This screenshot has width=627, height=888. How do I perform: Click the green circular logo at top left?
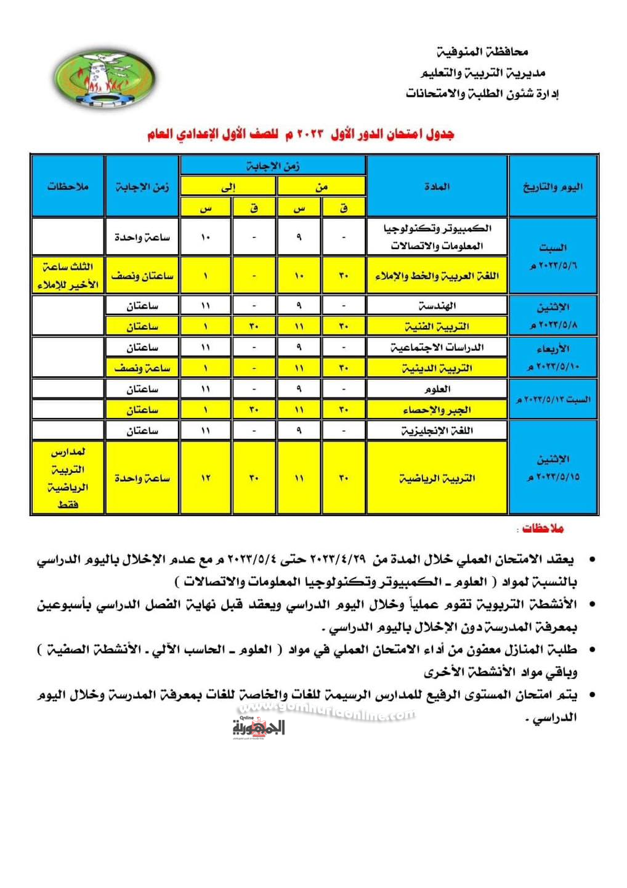pyautogui.click(x=103, y=78)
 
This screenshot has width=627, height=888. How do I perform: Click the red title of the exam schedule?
pyautogui.click(x=301, y=134)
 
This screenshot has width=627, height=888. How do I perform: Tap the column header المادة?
pyautogui.click(x=437, y=186)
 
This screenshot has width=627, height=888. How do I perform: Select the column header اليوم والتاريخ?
pyautogui.click(x=552, y=186)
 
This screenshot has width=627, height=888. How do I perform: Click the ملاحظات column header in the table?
pyautogui.click(x=68, y=186)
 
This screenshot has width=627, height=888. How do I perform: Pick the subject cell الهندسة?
pyautogui.click(x=437, y=305)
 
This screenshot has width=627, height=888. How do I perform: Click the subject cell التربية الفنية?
pyautogui.click(x=437, y=326)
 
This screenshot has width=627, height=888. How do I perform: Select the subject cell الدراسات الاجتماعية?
pyautogui.click(x=437, y=347)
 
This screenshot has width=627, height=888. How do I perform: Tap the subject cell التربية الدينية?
pyautogui.click(x=437, y=368)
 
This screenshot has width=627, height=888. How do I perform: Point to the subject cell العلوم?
pyautogui.click(x=437, y=389)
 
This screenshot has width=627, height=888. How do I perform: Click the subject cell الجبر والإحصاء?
pyautogui.click(x=437, y=410)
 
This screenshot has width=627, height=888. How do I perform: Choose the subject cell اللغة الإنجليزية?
pyautogui.click(x=437, y=430)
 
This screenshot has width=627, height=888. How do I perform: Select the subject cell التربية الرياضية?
pyautogui.click(x=437, y=478)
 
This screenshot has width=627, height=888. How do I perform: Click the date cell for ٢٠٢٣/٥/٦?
pyautogui.click(x=552, y=256)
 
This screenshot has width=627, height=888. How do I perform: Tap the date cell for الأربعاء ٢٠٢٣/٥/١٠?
pyautogui.click(x=552, y=358)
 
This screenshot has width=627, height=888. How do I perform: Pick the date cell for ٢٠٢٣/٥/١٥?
pyautogui.click(x=552, y=467)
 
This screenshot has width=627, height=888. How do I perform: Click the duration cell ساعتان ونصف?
pyautogui.click(x=142, y=276)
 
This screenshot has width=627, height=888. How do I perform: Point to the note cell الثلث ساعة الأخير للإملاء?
pyautogui.click(x=68, y=276)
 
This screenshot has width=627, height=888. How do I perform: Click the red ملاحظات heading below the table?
pyautogui.click(x=542, y=528)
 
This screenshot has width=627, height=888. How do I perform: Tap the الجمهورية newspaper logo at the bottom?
pyautogui.click(x=259, y=727)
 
